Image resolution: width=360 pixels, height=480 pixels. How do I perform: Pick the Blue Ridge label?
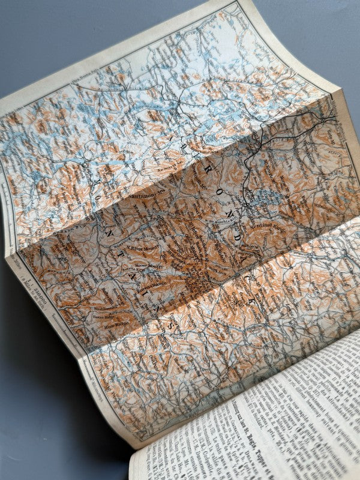click(x=110, y=328)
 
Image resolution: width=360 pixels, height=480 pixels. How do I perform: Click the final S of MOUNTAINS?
click(x=174, y=326)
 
